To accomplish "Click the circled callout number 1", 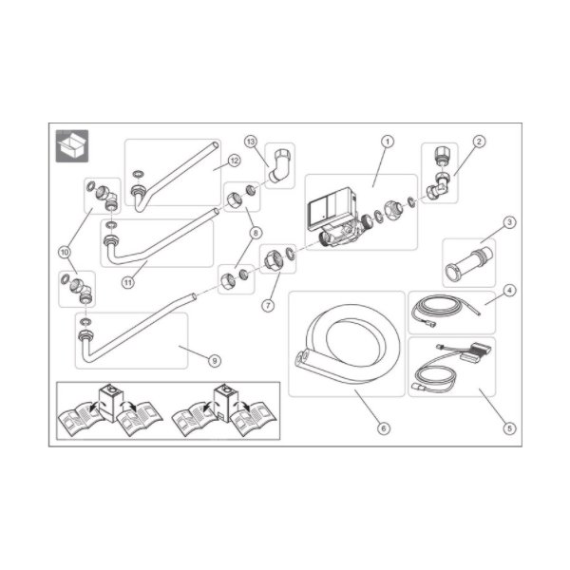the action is tap(388, 142).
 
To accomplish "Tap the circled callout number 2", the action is tap(479, 142).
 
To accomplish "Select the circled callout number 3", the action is tap(509, 222).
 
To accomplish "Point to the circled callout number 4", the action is tap(509, 291).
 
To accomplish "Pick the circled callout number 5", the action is tap(509, 428).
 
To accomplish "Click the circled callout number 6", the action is tap(384, 428).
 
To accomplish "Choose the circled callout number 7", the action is tap(268, 305).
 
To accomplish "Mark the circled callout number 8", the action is tap(256, 233).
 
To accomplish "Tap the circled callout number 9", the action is tap(215, 361).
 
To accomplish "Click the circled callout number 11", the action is tap(128, 282).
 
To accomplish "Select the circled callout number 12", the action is tap(234, 161).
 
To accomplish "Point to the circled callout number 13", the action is tap(251, 142).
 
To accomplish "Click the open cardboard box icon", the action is tap(72, 145).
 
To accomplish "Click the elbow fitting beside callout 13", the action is tap(280, 164).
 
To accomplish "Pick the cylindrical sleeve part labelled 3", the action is tap(469, 262).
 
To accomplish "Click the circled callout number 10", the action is tap(65, 252).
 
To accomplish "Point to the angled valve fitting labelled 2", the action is tap(439, 175).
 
